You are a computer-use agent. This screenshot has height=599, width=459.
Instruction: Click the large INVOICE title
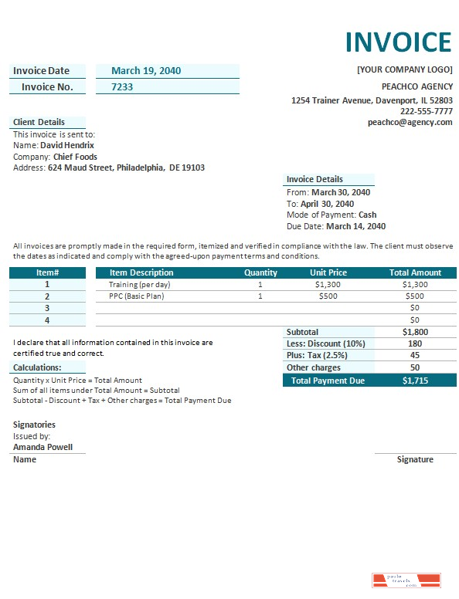pos(397,42)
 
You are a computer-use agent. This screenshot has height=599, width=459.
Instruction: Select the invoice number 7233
pos(122,87)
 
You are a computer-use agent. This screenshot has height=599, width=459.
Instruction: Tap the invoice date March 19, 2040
pos(146,71)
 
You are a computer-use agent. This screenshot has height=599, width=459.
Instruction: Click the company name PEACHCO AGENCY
pos(416,86)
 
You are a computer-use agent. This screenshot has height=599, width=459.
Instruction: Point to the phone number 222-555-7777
pos(426,111)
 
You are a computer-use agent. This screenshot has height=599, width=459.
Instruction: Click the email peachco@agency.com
pos(410,122)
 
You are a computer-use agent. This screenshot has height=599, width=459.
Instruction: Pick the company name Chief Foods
pos(75,157)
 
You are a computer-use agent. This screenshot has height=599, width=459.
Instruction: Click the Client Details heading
pos(39,122)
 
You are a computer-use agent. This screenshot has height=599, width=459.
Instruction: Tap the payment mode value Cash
pos(368,215)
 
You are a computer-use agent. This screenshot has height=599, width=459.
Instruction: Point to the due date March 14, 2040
pos(355,226)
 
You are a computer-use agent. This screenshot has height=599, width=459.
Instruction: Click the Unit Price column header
pos(328,272)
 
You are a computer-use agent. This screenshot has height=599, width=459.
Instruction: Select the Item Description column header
pos(141,272)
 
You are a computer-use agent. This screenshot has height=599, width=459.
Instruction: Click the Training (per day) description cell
pos(139,284)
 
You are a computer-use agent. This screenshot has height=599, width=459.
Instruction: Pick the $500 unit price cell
pos(328,296)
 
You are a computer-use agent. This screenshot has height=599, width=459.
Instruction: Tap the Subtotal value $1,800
pos(415,332)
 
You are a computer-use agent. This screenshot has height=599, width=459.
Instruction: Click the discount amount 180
pos(415,343)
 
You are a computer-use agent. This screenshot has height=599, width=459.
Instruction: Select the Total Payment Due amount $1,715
pos(415,381)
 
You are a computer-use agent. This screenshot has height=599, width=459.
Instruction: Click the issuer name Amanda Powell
pos(43,447)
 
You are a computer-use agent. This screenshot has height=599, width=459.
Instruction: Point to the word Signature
pos(415,459)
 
